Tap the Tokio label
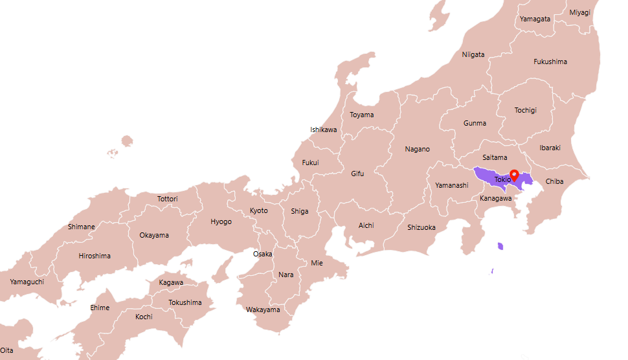(x=502, y=179)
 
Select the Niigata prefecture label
(x=473, y=54)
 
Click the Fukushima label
(x=550, y=62)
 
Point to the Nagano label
(x=417, y=149)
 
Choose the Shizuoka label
(x=421, y=227)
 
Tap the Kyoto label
(x=258, y=210)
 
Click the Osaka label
(x=262, y=254)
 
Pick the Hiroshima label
(x=95, y=256)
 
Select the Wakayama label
(x=263, y=309)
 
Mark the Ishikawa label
(x=323, y=129)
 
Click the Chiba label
(x=554, y=181)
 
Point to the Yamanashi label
(x=451, y=185)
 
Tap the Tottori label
(x=167, y=199)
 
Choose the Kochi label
(x=144, y=317)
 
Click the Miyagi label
(x=579, y=12)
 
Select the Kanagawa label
(x=495, y=198)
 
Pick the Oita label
(x=6, y=350)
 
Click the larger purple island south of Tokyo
(x=500, y=246)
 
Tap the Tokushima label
(x=185, y=302)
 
